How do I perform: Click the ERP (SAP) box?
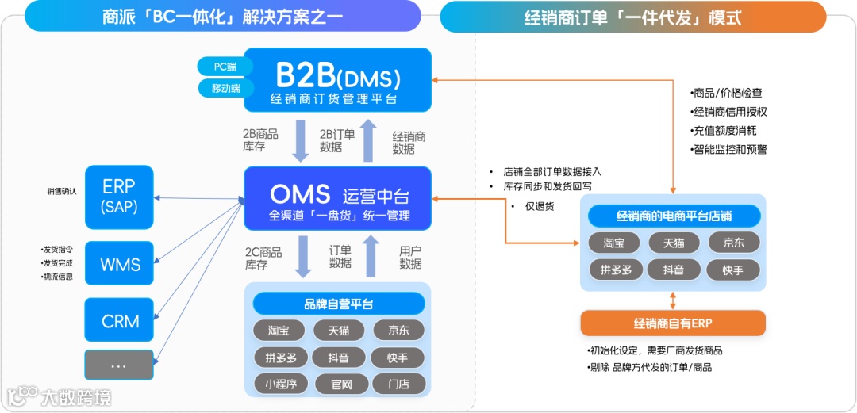point(119,196)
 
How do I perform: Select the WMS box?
point(120,264)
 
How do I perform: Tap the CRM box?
point(120,321)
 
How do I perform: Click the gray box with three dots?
point(120,365)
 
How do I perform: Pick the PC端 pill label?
point(225,67)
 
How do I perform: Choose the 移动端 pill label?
point(225,88)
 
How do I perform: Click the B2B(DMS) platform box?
point(337,80)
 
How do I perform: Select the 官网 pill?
point(339,384)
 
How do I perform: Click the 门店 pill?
point(398,384)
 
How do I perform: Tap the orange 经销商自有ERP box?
point(673,323)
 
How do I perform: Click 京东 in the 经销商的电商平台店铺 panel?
point(732,243)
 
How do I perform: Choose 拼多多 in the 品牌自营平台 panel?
point(281,358)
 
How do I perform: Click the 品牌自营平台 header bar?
point(339,304)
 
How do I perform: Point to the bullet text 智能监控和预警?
point(729,149)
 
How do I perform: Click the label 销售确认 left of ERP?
point(61,191)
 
